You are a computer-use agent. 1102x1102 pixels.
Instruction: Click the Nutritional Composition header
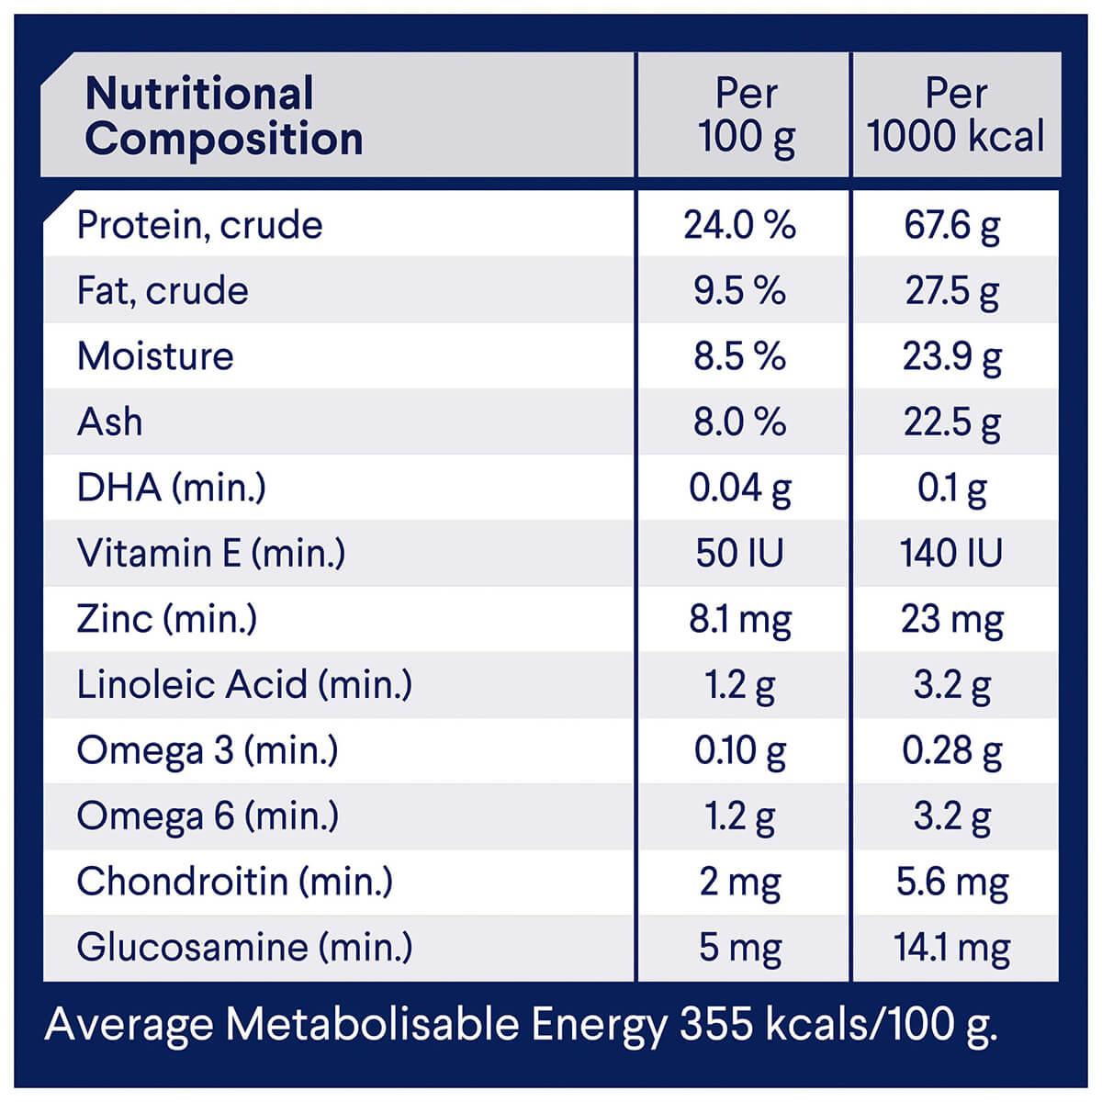223,117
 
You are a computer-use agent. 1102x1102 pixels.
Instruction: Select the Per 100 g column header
746,117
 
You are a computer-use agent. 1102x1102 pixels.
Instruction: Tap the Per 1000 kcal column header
955,117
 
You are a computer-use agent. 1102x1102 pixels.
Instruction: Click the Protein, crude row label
200,225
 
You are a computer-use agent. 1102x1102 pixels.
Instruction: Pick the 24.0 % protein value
739,225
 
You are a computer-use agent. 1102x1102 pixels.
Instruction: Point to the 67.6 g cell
952,226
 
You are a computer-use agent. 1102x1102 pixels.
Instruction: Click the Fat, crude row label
163,291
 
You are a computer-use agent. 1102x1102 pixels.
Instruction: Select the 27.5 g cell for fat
952,291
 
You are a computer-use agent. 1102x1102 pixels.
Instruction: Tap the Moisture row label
155,356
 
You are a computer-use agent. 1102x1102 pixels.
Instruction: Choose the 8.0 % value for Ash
739,422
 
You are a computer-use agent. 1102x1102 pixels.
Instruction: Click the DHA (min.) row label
171,488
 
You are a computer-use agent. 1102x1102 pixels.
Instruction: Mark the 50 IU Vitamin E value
739,553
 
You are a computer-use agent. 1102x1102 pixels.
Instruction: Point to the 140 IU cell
952,553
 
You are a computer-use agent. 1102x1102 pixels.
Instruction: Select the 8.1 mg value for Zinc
739,620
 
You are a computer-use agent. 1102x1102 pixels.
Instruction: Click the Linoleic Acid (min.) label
244,684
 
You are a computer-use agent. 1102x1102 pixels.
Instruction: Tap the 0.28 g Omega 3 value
952,751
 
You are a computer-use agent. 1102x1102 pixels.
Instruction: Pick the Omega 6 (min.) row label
208,815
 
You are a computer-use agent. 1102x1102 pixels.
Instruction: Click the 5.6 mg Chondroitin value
952,883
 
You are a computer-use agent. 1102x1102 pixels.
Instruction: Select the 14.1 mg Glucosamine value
952,948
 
